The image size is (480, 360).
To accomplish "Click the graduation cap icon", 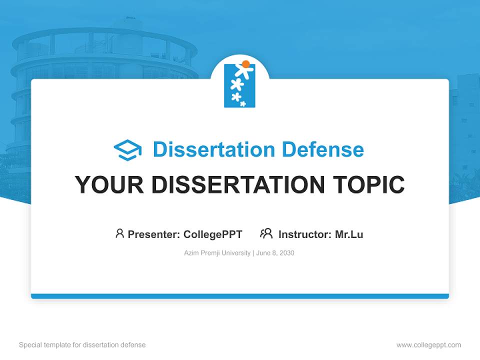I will tap(127, 149).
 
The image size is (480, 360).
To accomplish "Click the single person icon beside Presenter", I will tap(119, 233).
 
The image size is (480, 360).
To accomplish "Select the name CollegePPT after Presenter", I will tap(212, 234).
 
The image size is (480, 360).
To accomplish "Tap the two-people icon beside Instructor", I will tap(266, 233).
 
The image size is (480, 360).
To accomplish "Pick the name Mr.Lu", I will tap(349, 234).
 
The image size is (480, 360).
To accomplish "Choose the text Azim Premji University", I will tap(217, 253).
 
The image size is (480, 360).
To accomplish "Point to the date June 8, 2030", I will tap(275, 253).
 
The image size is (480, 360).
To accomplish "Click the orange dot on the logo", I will tap(245, 64).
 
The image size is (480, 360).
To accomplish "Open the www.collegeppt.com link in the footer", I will tap(428, 345).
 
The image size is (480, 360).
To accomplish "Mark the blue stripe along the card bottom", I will tap(239, 296).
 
